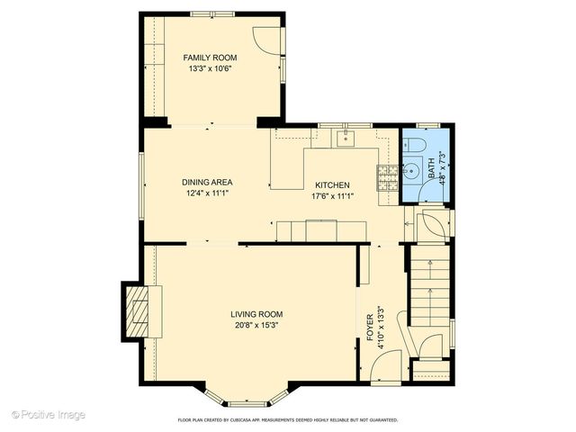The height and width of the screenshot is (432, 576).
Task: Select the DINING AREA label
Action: (209, 182)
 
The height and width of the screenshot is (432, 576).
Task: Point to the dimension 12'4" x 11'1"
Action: (209, 193)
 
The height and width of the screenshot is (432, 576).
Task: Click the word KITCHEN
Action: (331, 185)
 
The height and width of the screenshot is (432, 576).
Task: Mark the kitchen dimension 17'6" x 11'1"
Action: (331, 196)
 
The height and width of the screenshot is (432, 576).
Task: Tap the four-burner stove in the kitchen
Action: (388, 177)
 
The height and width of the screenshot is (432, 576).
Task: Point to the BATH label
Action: (431, 166)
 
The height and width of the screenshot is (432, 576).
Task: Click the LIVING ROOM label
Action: (257, 314)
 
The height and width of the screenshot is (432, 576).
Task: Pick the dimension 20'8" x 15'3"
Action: (257, 325)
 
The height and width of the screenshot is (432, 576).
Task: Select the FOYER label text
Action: (370, 328)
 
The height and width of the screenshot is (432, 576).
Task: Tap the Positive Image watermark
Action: (49, 415)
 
